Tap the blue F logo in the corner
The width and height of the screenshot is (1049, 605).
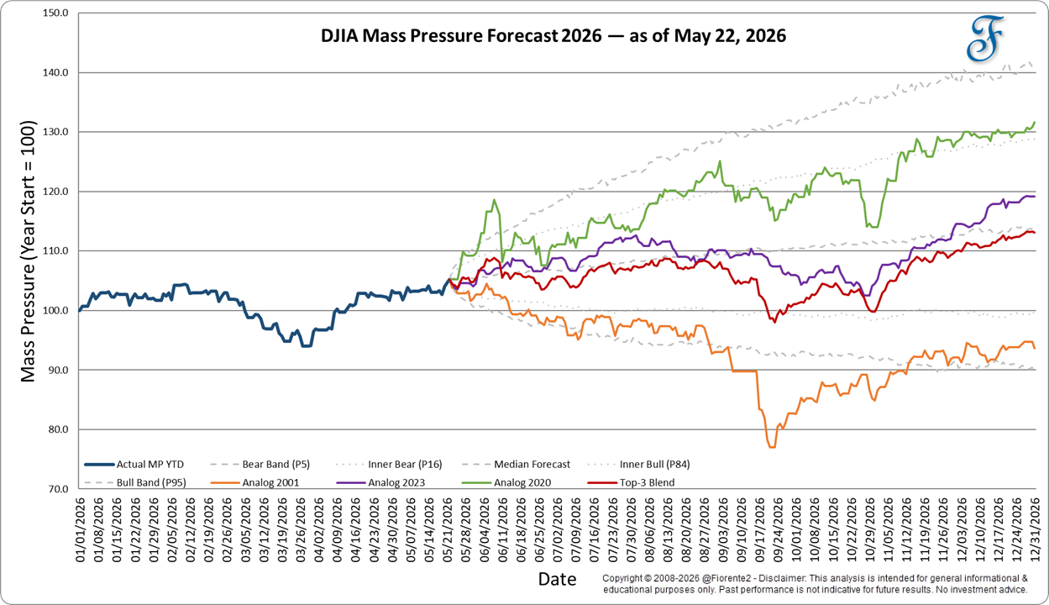[x=984, y=39]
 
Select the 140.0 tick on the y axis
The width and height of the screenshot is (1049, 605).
[x=55, y=72]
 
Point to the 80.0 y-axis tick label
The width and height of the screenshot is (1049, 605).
[x=58, y=429]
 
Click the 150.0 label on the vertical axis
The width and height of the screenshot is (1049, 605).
[x=55, y=13]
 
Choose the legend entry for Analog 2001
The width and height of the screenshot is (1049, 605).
[x=254, y=482]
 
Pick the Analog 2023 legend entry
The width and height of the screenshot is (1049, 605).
[x=380, y=482]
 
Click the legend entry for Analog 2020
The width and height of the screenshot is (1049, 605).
[x=506, y=482]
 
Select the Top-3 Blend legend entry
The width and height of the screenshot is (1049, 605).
[x=632, y=482]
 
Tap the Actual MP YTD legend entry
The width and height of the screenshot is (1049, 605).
[x=134, y=465]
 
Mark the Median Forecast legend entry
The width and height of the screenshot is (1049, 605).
[x=516, y=465]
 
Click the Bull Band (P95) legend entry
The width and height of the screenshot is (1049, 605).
[x=135, y=482]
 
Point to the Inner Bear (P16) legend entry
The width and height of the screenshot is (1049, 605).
[x=389, y=465]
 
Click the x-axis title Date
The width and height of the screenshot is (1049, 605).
[x=558, y=579]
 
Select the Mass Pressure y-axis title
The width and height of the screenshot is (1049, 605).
[x=28, y=251]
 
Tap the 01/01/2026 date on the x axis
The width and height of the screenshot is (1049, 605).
[x=80, y=529]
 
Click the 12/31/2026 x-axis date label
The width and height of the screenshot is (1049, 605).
[x=1035, y=529]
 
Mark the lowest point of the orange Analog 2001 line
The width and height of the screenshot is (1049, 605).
[x=772, y=448]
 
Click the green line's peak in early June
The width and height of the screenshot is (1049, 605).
[x=494, y=200]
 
